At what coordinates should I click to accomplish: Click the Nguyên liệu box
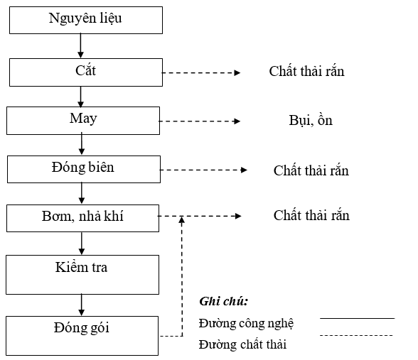(86, 20)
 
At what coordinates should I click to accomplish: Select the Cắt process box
(86, 72)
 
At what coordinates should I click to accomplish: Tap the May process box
(83, 121)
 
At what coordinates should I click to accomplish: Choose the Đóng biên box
(84, 169)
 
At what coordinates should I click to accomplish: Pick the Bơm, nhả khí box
(82, 219)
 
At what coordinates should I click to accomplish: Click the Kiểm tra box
(82, 275)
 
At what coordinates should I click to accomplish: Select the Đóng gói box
(82, 336)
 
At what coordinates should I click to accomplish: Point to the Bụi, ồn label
(311, 121)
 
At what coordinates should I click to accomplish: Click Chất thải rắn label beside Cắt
(306, 71)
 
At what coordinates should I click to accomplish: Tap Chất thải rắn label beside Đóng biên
(311, 170)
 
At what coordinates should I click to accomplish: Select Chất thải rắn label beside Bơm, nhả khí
(311, 215)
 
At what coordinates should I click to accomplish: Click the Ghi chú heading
(223, 301)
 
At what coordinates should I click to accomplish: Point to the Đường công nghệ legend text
(246, 324)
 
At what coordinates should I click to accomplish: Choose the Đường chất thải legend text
(242, 344)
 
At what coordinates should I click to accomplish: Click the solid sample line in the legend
(357, 318)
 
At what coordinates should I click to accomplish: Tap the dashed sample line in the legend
(356, 335)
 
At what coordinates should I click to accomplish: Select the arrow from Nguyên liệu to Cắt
(80, 45)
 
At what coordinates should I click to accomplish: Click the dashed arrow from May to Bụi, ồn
(199, 121)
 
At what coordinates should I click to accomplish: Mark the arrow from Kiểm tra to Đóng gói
(82, 305)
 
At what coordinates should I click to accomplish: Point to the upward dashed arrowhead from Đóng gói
(181, 219)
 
